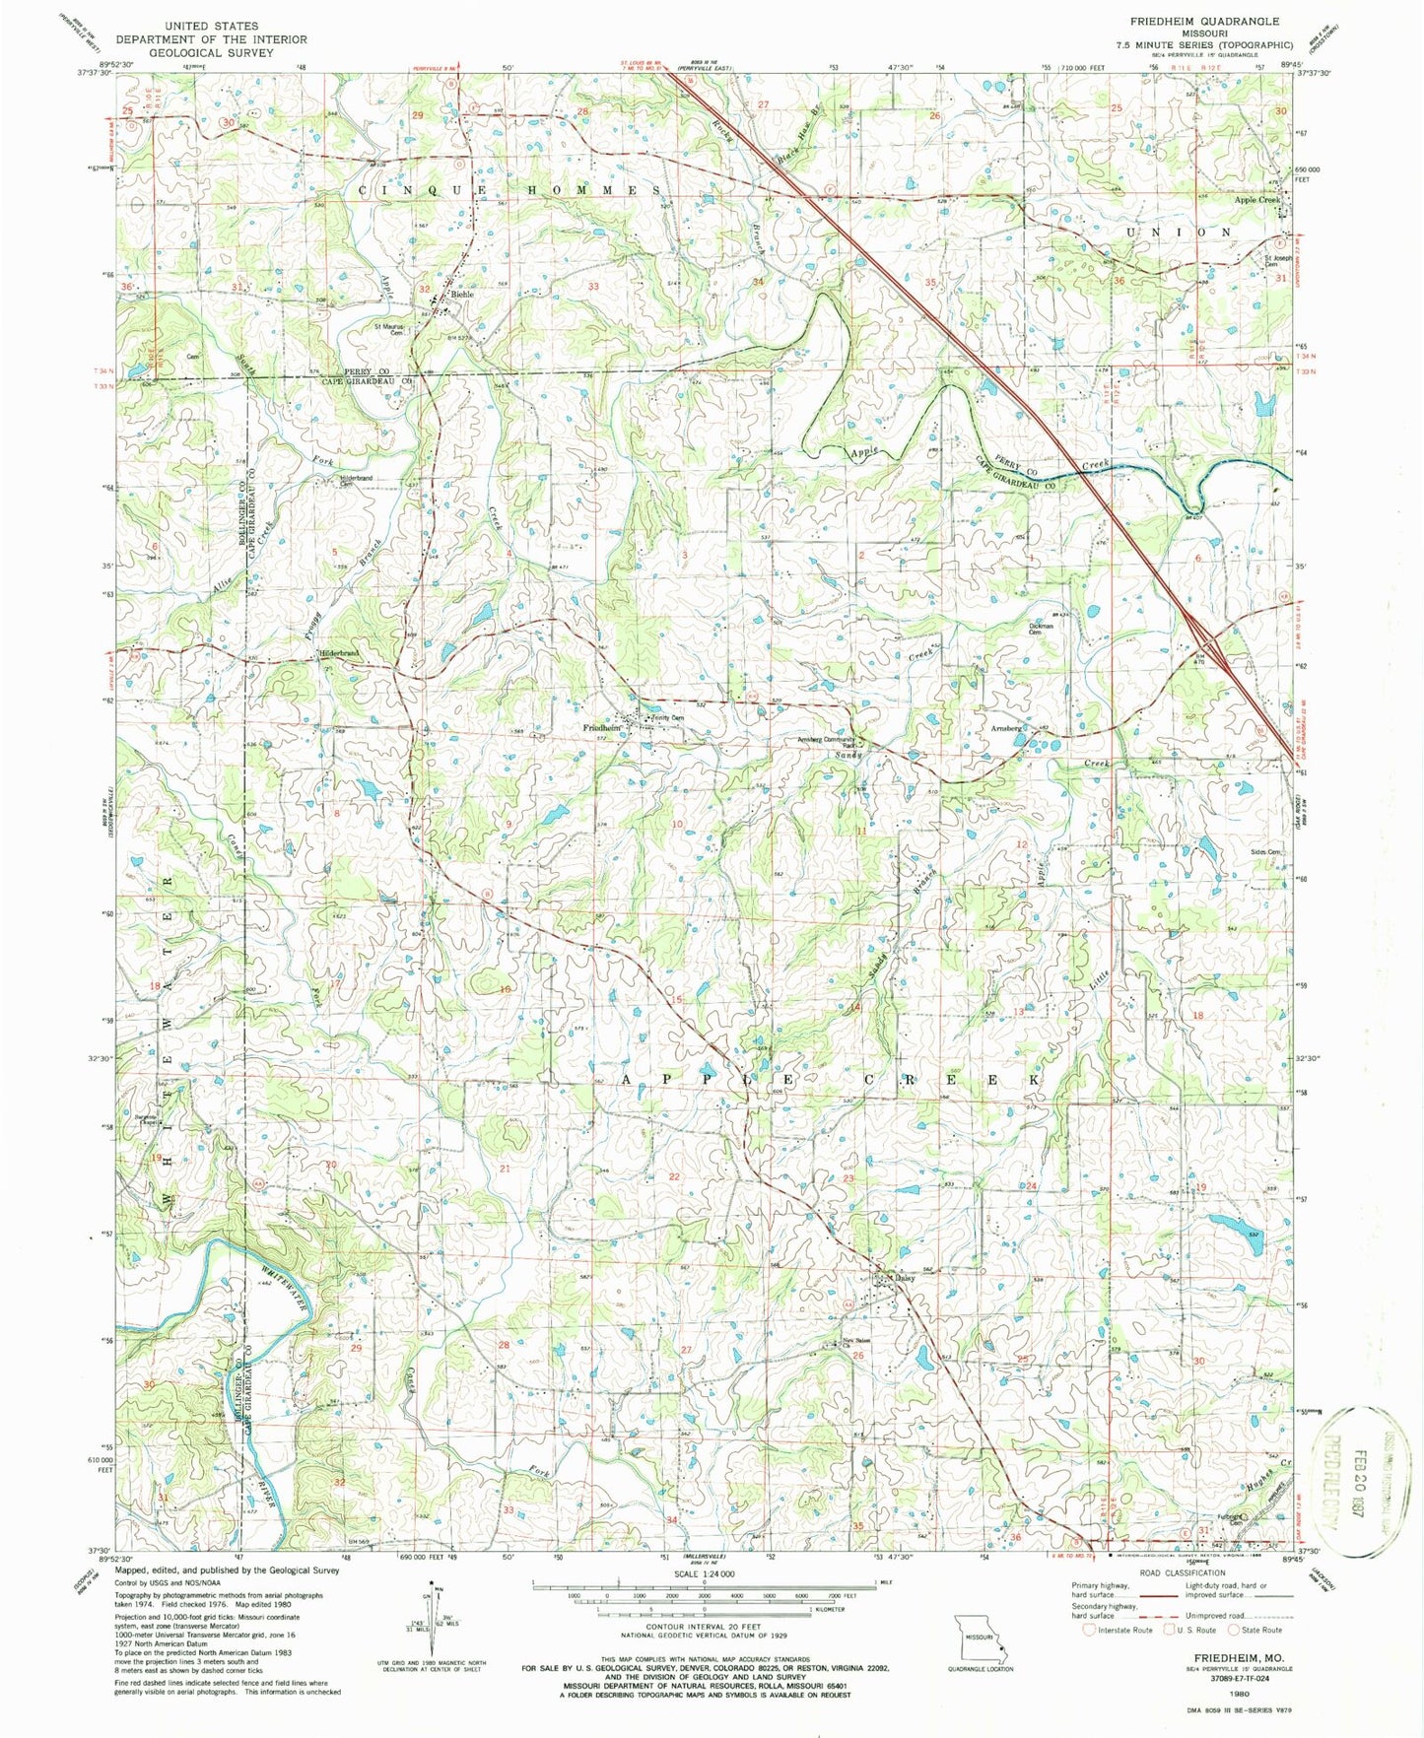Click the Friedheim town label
[x=601, y=728]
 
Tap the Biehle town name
[x=462, y=295]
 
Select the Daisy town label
[x=905, y=1279]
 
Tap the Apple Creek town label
[x=1256, y=200]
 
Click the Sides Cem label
[x=1266, y=853]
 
